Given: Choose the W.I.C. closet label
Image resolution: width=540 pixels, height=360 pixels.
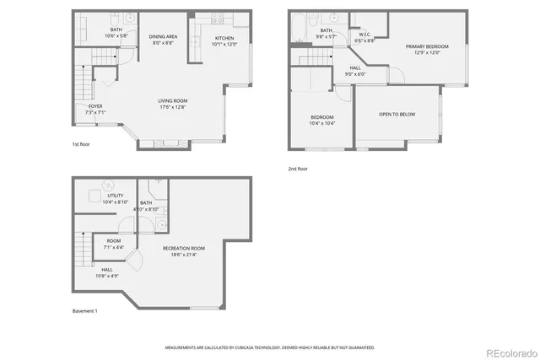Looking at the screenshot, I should click(x=364, y=37).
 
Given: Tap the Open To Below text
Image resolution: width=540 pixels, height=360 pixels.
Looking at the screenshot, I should click(x=395, y=113).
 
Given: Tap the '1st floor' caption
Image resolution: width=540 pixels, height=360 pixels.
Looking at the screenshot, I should click(x=82, y=144).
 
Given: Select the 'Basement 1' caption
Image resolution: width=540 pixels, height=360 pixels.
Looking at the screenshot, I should click(x=85, y=311).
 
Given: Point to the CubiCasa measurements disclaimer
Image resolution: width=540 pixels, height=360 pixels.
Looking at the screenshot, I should click(x=270, y=347).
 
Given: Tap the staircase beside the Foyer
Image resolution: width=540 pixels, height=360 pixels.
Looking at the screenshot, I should click(x=82, y=85).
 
